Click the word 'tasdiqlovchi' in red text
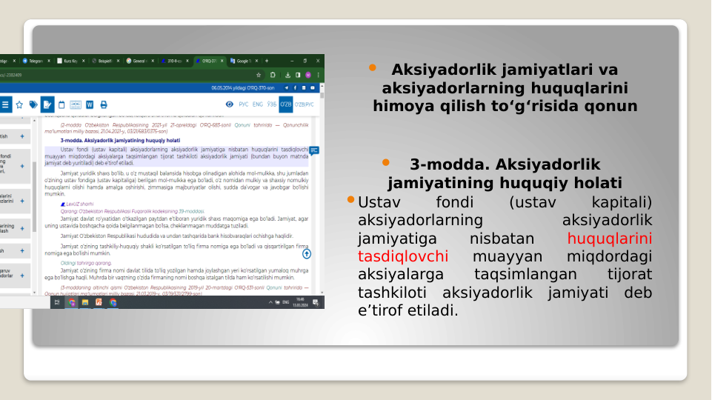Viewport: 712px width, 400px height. [402, 256]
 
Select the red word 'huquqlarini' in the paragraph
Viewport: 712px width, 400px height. [609, 239]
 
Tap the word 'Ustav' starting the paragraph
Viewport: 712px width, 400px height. [378, 202]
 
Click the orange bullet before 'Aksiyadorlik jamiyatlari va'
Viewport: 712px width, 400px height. [373, 68]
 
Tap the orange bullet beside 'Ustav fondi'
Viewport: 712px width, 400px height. [351, 201]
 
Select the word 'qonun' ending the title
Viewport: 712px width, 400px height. [613, 106]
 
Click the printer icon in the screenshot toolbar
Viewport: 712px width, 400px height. [104, 104]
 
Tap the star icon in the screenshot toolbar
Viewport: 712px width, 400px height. [19, 104]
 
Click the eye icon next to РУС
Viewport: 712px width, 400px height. [230, 104]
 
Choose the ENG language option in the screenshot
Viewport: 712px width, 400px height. [257, 104]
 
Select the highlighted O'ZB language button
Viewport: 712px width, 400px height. [285, 104]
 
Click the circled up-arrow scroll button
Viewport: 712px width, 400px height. [307, 253]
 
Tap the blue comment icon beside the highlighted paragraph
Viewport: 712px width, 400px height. [314, 150]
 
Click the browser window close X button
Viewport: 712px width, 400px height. [318, 61]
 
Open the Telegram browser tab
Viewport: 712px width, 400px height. [33, 61]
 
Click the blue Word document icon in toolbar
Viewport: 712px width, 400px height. [90, 104]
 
